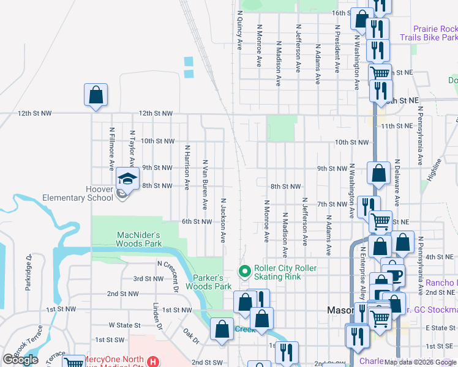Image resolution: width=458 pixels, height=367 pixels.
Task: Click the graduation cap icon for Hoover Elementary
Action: point(127,179)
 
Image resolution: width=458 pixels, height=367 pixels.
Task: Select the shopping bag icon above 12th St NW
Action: point(96,95)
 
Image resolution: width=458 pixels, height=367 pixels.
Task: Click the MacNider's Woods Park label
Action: point(138,239)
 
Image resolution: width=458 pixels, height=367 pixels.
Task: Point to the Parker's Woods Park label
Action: point(208,282)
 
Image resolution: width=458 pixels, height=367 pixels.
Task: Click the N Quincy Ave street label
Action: point(239,29)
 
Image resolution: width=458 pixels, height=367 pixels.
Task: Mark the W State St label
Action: point(120,325)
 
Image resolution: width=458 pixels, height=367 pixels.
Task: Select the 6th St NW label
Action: point(197,221)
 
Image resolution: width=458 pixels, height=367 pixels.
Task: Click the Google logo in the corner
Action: point(20,360)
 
